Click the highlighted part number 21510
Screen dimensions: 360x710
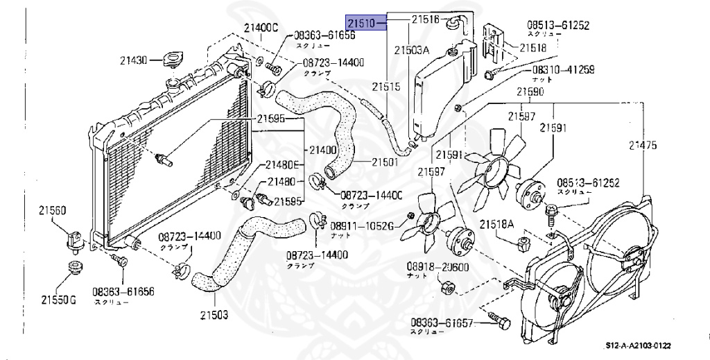click(361, 24)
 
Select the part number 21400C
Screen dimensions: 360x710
click(260, 28)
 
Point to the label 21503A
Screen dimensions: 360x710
click(412, 50)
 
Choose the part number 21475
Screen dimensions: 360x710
click(643, 146)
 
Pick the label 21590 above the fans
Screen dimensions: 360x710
click(530, 92)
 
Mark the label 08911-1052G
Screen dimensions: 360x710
click(361, 226)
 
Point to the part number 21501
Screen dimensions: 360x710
click(384, 162)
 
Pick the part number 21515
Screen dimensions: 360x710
click(386, 87)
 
